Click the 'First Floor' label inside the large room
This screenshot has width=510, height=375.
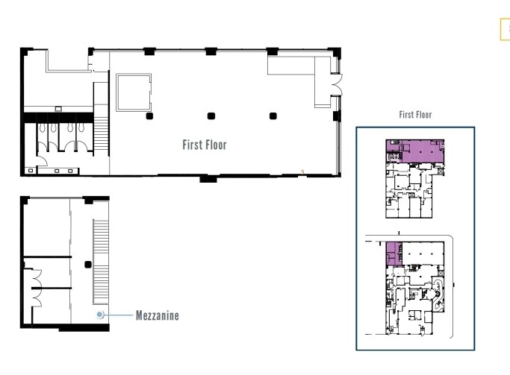coord(204,145)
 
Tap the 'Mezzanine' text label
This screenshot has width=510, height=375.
coord(157,315)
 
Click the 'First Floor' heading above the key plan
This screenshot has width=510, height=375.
coord(415,115)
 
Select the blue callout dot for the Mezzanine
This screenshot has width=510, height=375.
coord(99,315)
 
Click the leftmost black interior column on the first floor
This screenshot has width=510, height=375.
coord(149,116)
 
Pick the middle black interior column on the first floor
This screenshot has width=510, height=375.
coord(211,116)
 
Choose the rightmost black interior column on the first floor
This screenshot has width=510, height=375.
coord(273,116)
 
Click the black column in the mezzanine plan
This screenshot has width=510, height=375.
coord(88,265)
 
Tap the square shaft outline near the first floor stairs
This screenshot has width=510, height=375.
coord(133,91)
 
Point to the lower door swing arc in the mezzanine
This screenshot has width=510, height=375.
coord(34,296)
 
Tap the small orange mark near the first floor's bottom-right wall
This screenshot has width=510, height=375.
coord(302,171)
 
